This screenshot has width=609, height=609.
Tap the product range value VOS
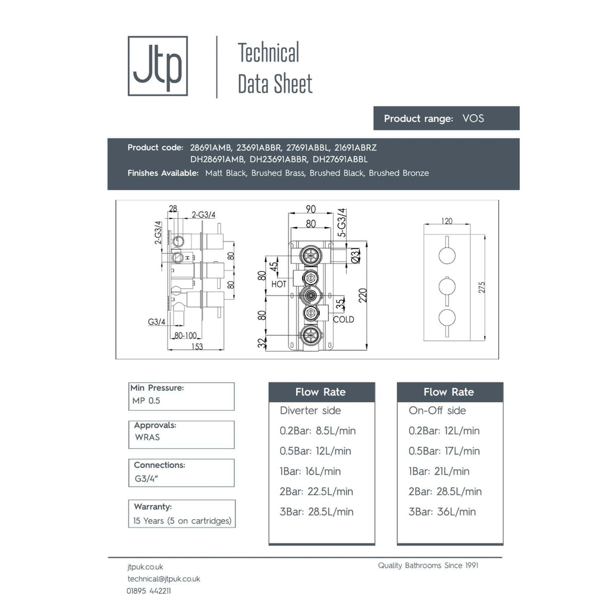[473, 118]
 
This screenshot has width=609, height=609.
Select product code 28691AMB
[211, 147]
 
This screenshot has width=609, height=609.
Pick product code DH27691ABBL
[340, 159]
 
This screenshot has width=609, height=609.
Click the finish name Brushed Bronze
[398, 173]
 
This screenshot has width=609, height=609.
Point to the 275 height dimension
[482, 287]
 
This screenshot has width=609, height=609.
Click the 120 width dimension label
[447, 221]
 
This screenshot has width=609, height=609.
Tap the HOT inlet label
[278, 284]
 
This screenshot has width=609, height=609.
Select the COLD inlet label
[343, 319]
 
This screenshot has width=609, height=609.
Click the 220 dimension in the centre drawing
[362, 296]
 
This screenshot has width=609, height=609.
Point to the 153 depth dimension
[197, 347]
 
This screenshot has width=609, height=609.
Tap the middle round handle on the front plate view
[447, 287]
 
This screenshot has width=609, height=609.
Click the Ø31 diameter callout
[356, 255]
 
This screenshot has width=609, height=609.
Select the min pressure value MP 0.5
[146, 400]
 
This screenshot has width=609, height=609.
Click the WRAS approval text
[147, 437]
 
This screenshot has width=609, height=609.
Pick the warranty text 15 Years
[148, 521]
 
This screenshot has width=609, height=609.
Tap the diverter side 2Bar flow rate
[316, 491]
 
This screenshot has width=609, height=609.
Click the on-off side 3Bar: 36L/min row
[442, 511]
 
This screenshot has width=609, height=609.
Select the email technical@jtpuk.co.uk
[164, 579]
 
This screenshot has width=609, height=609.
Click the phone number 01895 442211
[149, 591]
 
